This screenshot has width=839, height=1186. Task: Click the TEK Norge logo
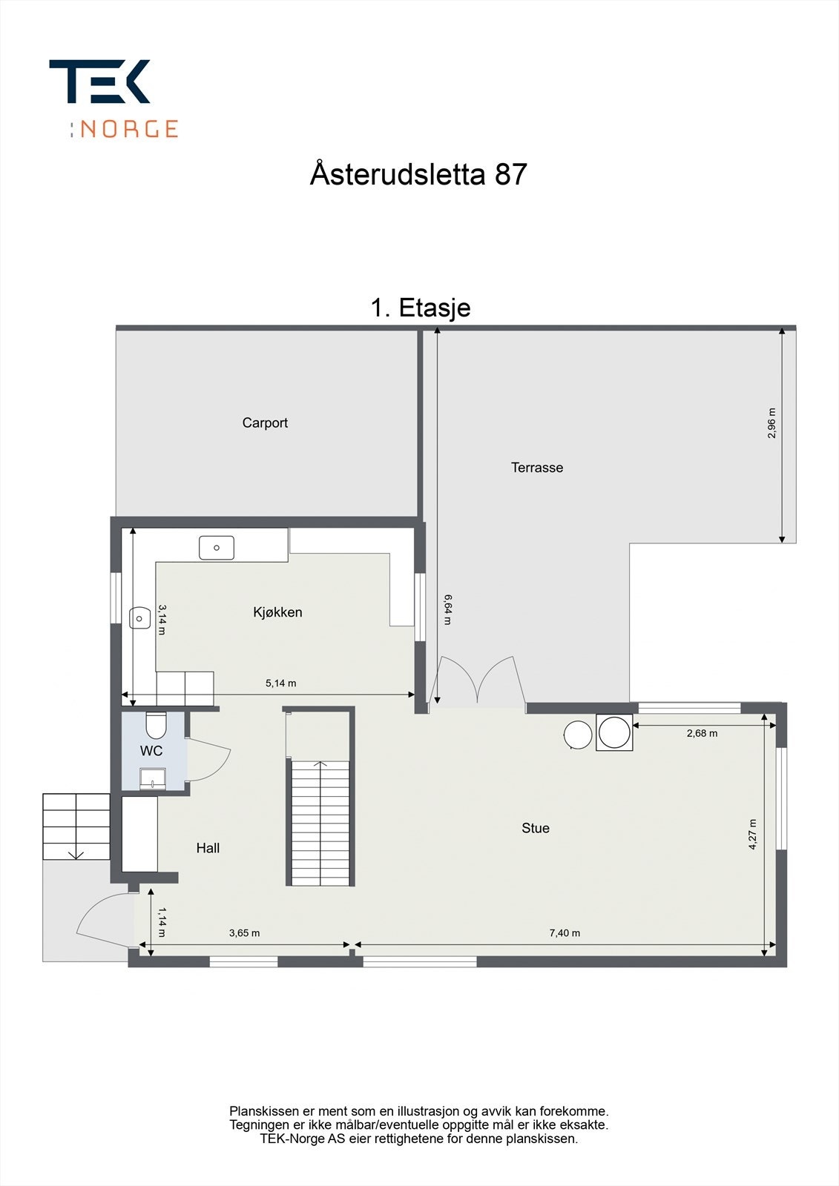tap(113, 98)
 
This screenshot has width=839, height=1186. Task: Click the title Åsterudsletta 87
tap(418, 175)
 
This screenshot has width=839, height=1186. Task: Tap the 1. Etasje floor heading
tap(420, 307)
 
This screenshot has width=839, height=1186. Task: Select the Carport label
tap(265, 423)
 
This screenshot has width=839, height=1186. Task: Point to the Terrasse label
tap(536, 468)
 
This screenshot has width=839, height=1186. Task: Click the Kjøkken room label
tap(277, 612)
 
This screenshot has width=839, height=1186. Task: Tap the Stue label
tap(535, 828)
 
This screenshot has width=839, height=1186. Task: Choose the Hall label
tap(208, 848)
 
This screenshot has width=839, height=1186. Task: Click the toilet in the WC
tap(156, 723)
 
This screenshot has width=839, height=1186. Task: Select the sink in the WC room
tap(153, 778)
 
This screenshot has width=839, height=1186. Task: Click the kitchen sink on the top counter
tap(217, 548)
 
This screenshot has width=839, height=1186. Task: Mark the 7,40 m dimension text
tap(565, 933)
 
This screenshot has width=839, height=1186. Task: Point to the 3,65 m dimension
tap(244, 933)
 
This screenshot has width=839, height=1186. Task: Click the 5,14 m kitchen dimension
tap(280, 683)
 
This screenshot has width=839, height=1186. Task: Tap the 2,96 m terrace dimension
tap(771, 423)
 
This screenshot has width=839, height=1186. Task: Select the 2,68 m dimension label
tap(701, 734)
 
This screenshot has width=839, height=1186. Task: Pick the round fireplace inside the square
tap(614, 733)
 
